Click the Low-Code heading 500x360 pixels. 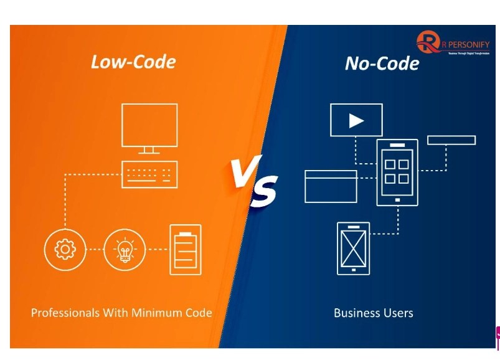[133, 62]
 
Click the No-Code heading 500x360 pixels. [382, 63]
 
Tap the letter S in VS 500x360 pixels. [264, 191]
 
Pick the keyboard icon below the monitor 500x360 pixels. [149, 174]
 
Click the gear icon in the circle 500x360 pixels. [65, 249]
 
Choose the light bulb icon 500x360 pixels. [124, 249]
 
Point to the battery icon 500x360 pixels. [186, 249]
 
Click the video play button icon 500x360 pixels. [356, 120]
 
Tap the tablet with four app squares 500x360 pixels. [397, 172]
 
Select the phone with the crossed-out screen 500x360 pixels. [353, 248]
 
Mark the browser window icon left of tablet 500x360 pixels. [331, 186]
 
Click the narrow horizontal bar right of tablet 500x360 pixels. [451, 140]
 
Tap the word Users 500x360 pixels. [398, 313]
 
